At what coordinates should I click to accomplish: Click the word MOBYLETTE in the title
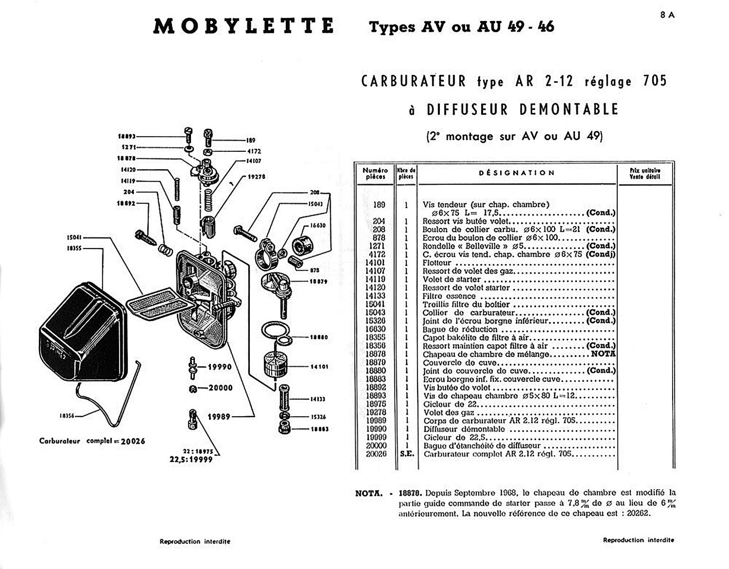pos(244,26)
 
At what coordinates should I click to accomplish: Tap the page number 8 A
pos(667,15)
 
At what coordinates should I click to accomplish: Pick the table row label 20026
pos(375,454)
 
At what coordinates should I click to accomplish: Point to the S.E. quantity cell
pos(407,454)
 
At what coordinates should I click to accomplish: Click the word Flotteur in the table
pos(437,263)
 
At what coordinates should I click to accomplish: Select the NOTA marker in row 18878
pos(603,354)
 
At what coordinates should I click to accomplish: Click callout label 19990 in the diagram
pos(220,367)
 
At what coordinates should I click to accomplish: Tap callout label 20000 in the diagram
pos(221,388)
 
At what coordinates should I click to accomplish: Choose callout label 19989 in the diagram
pos(219,417)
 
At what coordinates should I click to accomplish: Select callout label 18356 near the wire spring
pos(67,416)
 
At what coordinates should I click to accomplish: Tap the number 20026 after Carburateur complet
pos(133,441)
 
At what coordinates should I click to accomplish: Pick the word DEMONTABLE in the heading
pos(569,110)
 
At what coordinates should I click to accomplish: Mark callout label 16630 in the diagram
pos(318,225)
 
